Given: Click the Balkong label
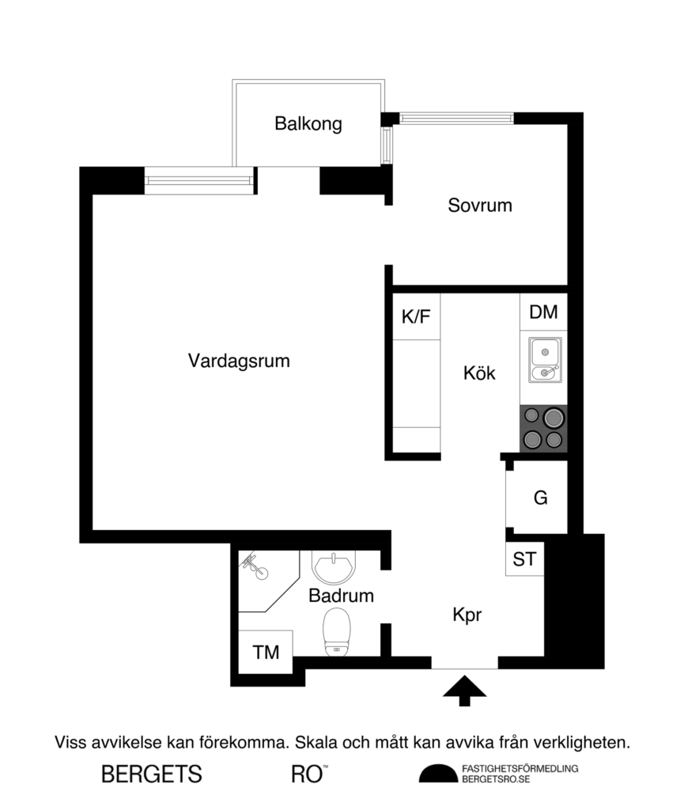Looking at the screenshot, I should coord(308,124).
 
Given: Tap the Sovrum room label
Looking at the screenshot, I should coord(480,206).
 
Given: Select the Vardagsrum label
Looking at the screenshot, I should coord(239,361).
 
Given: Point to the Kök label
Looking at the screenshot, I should coord(479,373).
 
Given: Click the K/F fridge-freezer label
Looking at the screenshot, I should coord(416,317).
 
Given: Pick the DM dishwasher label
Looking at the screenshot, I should coord(543,312).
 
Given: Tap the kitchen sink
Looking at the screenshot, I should coord(544,360).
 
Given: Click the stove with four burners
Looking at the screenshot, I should coord(544,428).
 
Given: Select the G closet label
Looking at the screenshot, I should coord(541,498).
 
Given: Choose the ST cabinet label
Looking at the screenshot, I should coord(524,560).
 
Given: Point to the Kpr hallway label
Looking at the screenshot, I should coord(467,615).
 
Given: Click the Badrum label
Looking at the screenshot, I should coord(341,596).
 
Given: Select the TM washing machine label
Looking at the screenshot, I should coord(266,653).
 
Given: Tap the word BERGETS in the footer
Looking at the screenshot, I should coord(152,774).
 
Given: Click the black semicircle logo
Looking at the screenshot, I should coord(438,774).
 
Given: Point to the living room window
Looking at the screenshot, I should coord(201,181).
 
